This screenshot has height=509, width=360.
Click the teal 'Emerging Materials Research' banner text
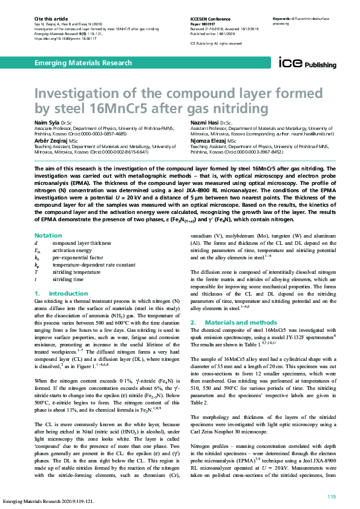(x=83, y=63)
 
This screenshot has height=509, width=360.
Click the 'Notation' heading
(x=48, y=235)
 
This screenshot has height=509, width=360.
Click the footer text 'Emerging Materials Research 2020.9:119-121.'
(x=46, y=501)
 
